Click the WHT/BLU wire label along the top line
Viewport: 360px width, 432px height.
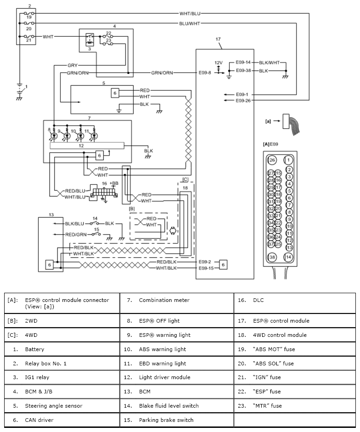point(190,13)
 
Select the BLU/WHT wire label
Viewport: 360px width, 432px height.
point(189,24)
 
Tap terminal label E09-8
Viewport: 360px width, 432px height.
point(205,73)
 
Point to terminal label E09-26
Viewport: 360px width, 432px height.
point(243,101)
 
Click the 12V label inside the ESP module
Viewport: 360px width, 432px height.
point(218,63)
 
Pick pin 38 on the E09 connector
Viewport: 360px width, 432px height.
point(272,257)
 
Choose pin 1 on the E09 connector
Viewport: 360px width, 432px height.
point(288,160)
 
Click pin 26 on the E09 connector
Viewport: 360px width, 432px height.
point(272,160)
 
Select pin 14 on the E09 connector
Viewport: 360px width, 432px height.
point(288,257)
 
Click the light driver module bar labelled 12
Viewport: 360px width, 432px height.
point(87,146)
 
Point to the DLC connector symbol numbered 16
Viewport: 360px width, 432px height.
point(104,192)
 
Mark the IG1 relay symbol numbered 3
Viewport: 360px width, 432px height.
point(90,40)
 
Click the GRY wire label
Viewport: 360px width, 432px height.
point(73,65)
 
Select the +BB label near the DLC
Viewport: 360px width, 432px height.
point(114,183)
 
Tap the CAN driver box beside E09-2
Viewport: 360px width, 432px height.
point(223,265)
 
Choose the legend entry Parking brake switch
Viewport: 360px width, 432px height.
point(166,420)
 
